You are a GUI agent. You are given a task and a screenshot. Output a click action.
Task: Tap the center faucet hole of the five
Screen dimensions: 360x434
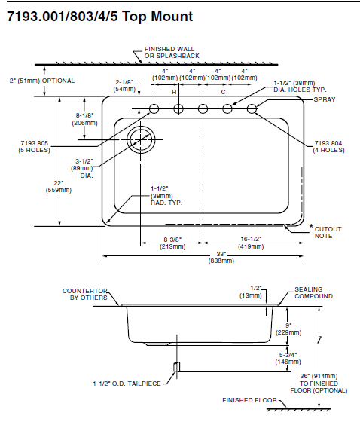(203, 108)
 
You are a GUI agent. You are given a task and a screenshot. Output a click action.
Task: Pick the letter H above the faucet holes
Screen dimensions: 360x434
(174, 92)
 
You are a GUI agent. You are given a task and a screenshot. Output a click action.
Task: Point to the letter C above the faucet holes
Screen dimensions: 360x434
(223, 92)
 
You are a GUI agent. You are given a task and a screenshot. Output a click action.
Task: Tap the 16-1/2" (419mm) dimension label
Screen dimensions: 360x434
(251, 243)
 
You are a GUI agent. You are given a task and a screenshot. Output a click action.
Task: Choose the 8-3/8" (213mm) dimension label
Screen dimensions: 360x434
(172, 243)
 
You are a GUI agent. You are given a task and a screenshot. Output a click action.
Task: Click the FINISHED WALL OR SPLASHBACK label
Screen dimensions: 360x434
(172, 52)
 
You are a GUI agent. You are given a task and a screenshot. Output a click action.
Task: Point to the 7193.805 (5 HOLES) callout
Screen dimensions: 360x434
(35, 147)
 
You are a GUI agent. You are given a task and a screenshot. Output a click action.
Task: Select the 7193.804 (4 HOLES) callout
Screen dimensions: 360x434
(328, 147)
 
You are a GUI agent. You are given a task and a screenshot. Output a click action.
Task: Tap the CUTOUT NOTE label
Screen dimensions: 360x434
(328, 233)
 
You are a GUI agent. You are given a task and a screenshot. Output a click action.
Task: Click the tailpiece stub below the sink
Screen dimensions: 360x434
(176, 367)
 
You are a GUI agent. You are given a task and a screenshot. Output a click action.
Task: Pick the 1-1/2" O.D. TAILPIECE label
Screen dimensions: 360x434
(127, 384)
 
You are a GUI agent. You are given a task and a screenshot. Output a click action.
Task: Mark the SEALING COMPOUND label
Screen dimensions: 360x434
(313, 292)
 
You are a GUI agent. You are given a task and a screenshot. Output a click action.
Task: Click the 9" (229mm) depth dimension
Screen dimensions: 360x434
(288, 329)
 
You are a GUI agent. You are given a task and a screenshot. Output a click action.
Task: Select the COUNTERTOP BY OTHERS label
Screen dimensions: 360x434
(84, 294)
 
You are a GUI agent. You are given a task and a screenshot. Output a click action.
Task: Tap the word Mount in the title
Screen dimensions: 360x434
(172, 17)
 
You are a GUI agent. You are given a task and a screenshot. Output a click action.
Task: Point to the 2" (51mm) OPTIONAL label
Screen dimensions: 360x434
(42, 81)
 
